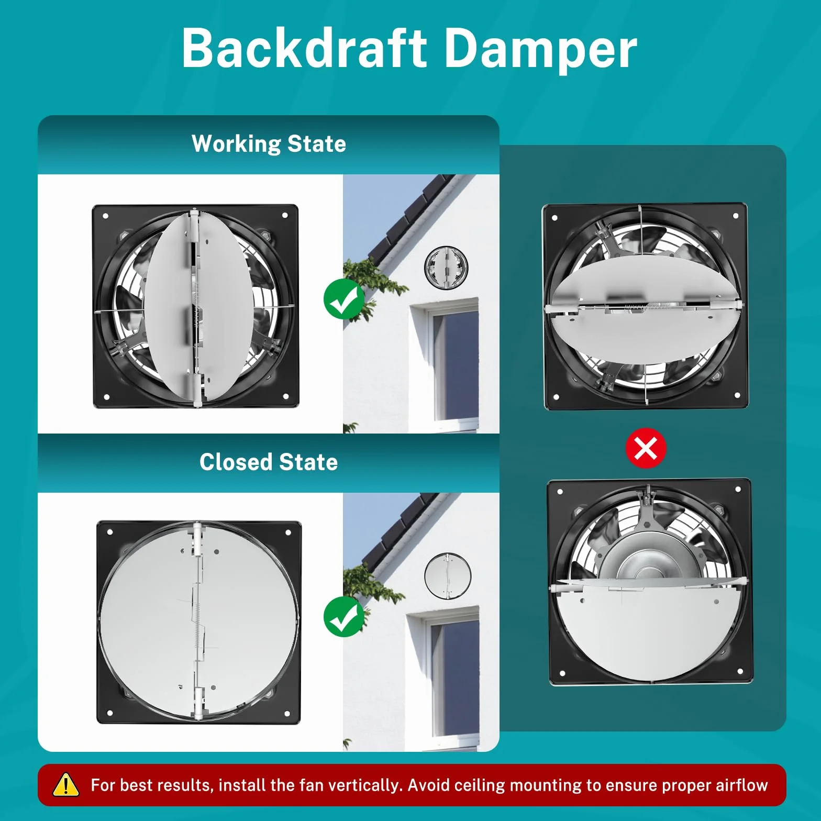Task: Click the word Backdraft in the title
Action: coord(305,48)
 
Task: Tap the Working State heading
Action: coord(269,144)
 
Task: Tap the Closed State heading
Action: coord(269,462)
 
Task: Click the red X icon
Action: coord(646,449)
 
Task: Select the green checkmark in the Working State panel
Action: coord(344,299)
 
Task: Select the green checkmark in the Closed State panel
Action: coord(344,617)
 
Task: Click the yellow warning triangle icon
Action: coord(66,785)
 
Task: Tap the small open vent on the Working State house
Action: coord(446,267)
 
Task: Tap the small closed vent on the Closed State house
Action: coord(448,576)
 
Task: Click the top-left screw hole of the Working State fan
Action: coord(105,216)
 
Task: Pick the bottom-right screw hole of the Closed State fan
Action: coord(287,713)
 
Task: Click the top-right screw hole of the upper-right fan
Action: coord(736,216)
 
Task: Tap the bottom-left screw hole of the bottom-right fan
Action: coord(562,673)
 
